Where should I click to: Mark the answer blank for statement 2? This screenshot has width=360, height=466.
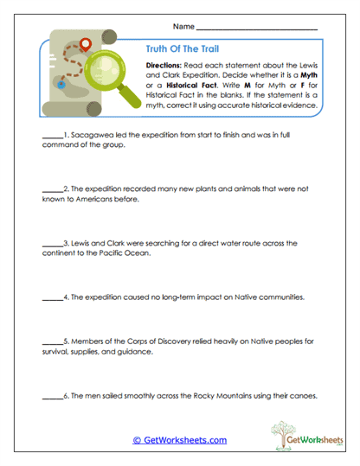pyautogui.click(x=51, y=188)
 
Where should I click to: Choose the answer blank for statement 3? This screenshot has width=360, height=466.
pyautogui.click(x=51, y=244)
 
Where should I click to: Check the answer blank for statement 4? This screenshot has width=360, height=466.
pyautogui.click(x=51, y=297)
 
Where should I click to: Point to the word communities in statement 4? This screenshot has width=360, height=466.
pyautogui.click(x=274, y=297)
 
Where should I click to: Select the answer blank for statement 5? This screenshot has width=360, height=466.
pyautogui.click(x=51, y=342)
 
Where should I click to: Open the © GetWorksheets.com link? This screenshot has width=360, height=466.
pyautogui.click(x=180, y=440)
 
